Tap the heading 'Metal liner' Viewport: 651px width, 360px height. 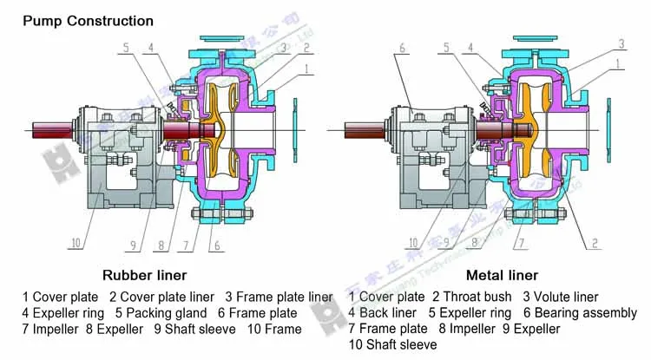(503, 276)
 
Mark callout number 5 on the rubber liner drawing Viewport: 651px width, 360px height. (126, 48)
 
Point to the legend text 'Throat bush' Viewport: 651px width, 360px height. (477, 297)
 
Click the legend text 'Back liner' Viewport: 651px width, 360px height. (387, 313)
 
